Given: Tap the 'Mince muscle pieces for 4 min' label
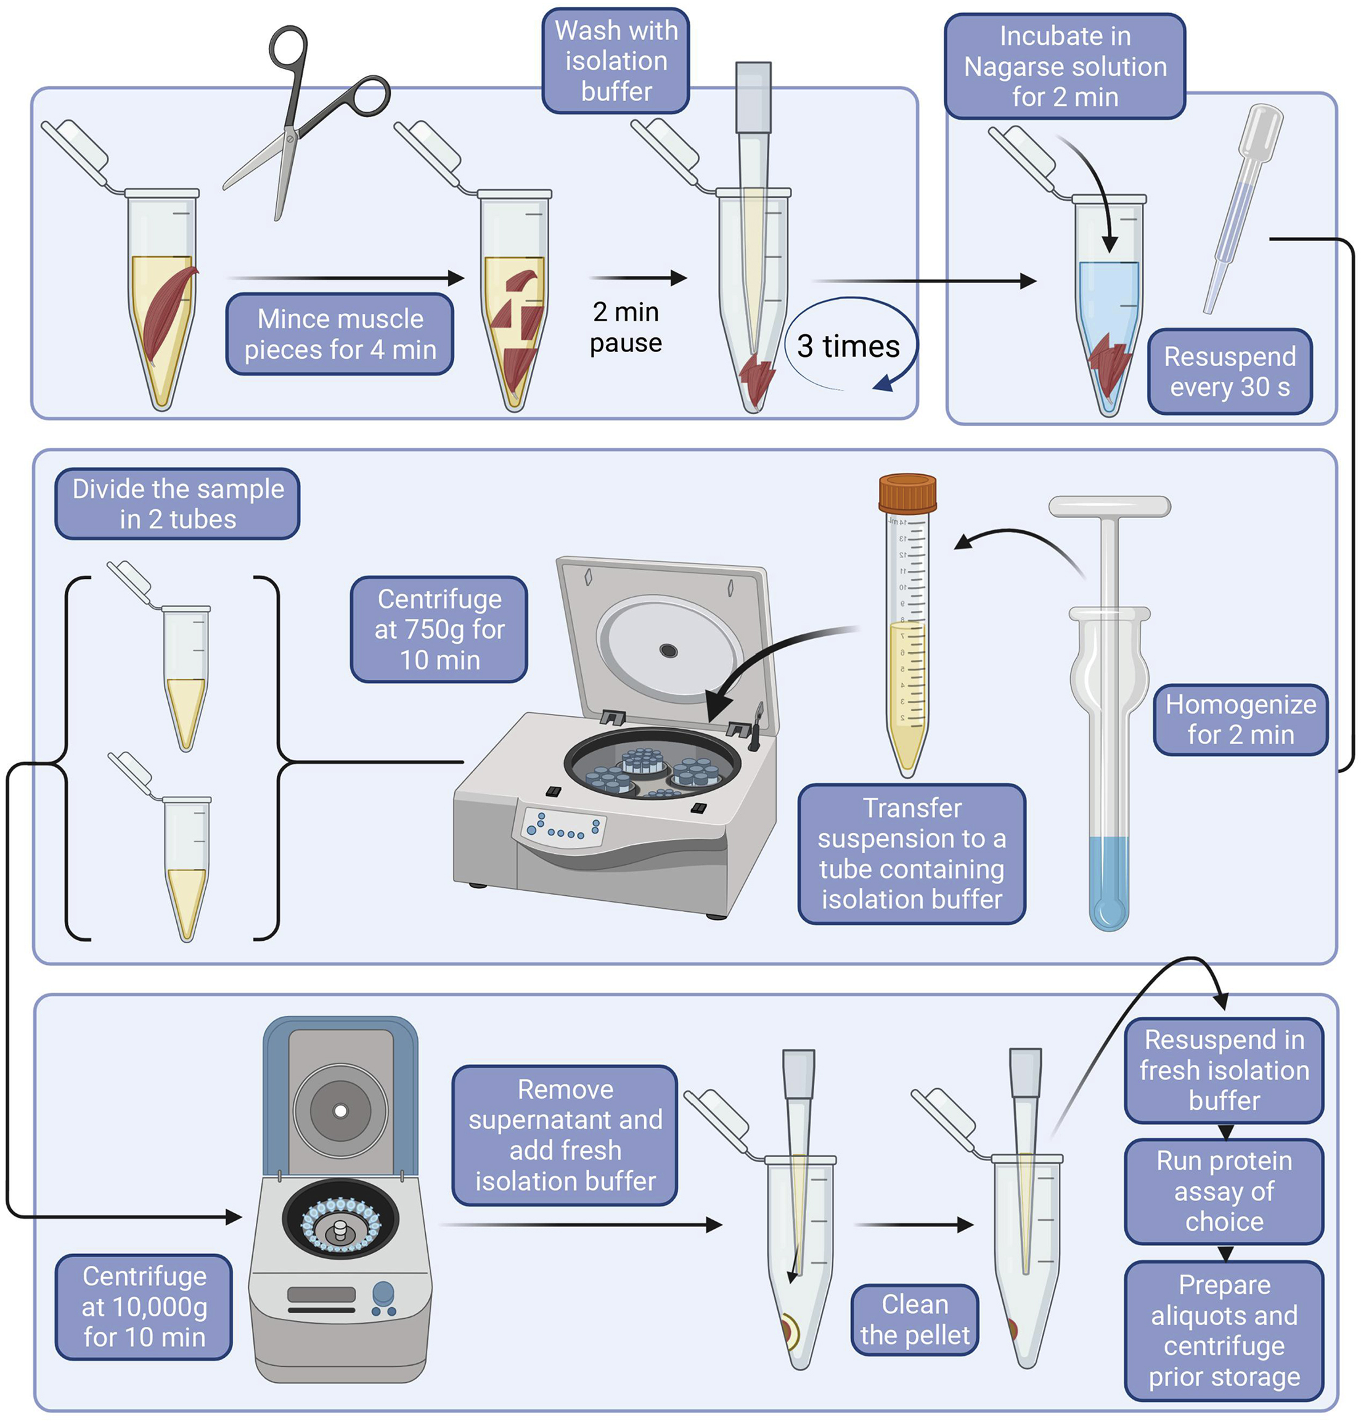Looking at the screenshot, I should pyautogui.click(x=340, y=334).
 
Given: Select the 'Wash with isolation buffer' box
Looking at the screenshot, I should pyautogui.click(x=616, y=61).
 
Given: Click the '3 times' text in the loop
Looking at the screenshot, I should pyautogui.click(x=848, y=346).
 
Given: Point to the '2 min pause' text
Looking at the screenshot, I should pyautogui.click(x=626, y=327).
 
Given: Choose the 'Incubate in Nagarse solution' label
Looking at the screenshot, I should pyautogui.click(x=1065, y=66).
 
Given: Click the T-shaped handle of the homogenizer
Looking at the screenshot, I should pyautogui.click(x=1110, y=507).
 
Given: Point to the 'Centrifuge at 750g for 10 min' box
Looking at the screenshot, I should pyautogui.click(x=439, y=629).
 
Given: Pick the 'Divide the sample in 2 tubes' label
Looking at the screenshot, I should pyautogui.click(x=178, y=504).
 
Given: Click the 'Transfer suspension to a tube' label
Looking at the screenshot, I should pyautogui.click(x=911, y=853).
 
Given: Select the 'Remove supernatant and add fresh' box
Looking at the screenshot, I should pyautogui.click(x=565, y=1135).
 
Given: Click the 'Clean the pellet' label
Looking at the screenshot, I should pyautogui.click(x=914, y=1319).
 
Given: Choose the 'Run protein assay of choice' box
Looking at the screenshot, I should pyautogui.click(x=1224, y=1191).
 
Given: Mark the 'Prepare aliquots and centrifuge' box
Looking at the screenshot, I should pyautogui.click(x=1224, y=1330).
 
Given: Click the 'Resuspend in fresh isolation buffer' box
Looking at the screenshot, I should pyautogui.click(x=1224, y=1070).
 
